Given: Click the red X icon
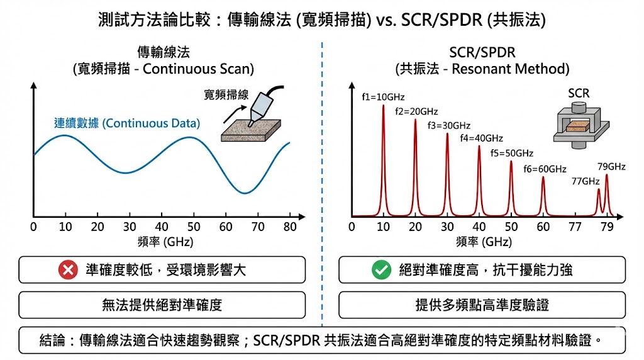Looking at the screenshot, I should click(67, 270).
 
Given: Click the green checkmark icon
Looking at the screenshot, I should click(380, 270).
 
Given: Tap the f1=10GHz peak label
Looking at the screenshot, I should click(383, 98).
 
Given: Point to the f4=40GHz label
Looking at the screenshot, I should click(481, 138).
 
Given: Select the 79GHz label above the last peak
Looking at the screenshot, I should click(611, 167).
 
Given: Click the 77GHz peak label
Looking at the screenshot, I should click(585, 181).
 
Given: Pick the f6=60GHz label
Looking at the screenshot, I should click(545, 169).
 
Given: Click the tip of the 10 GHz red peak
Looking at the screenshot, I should click(384, 106).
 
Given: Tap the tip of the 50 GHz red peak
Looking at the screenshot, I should click(511, 162).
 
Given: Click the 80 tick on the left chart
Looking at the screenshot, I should click(290, 227).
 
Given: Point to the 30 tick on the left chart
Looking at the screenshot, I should click(130, 227).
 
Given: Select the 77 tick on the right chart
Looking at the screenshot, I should click(575, 227).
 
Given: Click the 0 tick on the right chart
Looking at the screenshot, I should click(352, 227).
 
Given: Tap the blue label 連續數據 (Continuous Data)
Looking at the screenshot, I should click(126, 123).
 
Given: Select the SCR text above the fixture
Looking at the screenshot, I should click(579, 94).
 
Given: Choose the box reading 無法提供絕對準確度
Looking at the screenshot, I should click(162, 305).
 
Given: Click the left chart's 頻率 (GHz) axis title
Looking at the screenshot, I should click(162, 242).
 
